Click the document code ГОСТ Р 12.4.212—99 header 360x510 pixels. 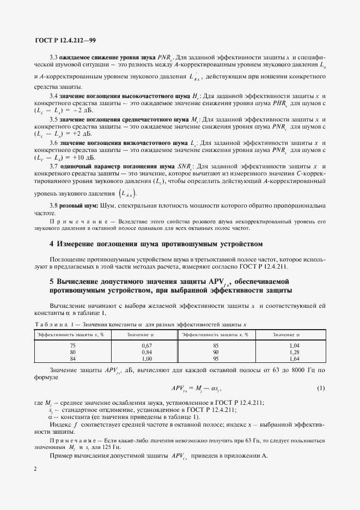pos(65,39)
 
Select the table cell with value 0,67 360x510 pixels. pos(145,345)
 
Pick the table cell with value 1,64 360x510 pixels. pos(295,359)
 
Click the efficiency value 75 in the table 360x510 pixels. pos(73,345)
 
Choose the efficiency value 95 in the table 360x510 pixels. pos(216,359)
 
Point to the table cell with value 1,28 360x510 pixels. pos(295,352)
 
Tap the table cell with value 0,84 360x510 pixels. pos(145,352)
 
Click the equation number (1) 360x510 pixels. pos(321,388)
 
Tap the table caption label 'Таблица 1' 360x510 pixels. pos(53,324)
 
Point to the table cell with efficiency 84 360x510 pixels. pos(73,359)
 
